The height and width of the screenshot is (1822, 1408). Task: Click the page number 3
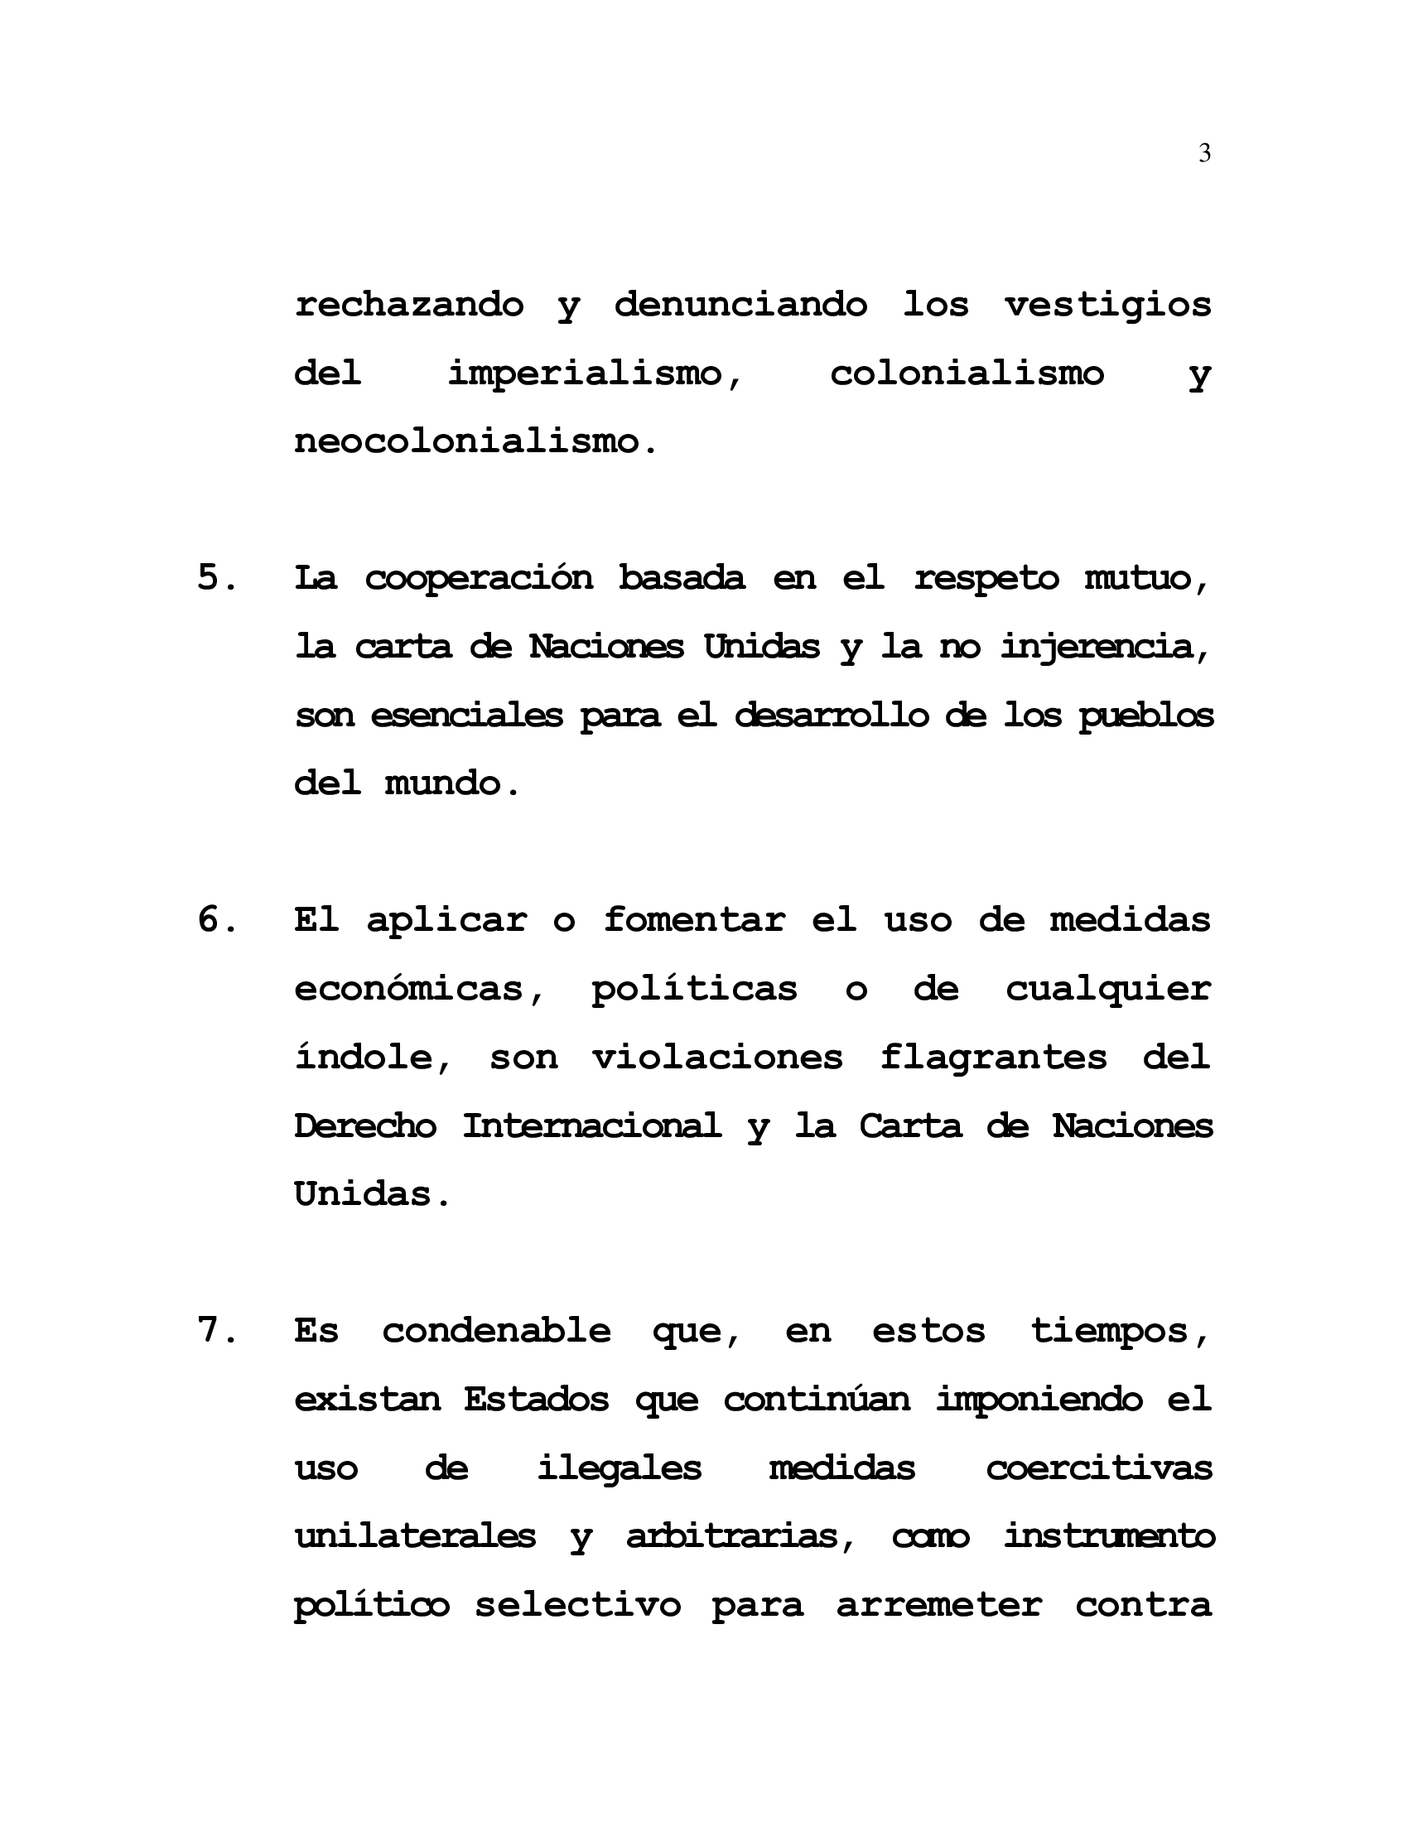tap(1204, 153)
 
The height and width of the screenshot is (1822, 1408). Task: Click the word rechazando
tap(408, 305)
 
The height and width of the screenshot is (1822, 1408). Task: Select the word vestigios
tap(1107, 305)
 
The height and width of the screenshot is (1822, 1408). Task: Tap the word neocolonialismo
tap(475, 441)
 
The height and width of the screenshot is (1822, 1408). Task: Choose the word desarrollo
tap(831, 716)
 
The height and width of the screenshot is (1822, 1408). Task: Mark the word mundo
tap(451, 784)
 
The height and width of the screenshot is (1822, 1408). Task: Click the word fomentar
tap(694, 920)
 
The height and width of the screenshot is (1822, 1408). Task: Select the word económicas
tap(421, 990)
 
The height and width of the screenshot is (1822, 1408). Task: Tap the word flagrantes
tap(993, 1058)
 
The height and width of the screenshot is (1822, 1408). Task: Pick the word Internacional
tap(591, 1126)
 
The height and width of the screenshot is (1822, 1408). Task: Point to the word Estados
tap(537, 1399)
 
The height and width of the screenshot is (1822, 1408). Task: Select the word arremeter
tap(939, 1604)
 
